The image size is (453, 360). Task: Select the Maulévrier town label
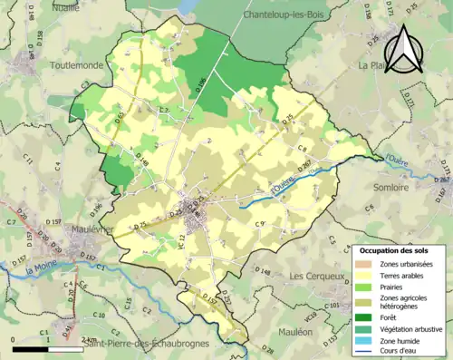[78, 229]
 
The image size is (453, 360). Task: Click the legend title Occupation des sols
[397, 249]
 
